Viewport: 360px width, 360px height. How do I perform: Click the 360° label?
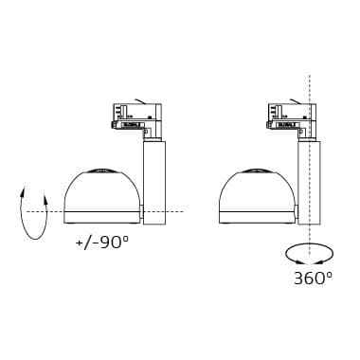[x=313, y=278]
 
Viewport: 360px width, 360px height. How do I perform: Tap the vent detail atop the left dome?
[x=100, y=171]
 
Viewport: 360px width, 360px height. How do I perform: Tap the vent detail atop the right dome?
[x=256, y=171]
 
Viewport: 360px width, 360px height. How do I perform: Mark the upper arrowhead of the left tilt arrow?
[x=22, y=190]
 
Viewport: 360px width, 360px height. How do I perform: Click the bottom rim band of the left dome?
[x=100, y=217]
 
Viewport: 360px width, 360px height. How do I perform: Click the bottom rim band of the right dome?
[x=256, y=217]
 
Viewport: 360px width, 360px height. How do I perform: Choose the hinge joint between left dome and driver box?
[x=141, y=210]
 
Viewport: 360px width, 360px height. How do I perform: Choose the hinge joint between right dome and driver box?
[x=297, y=210]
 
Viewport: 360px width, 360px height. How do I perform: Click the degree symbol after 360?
[x=329, y=273]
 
